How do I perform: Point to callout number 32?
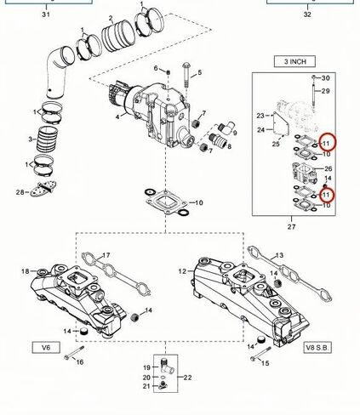click(308, 14)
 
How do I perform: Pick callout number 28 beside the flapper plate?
click(20, 193)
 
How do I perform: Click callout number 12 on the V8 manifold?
click(181, 271)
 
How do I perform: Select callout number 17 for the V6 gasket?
click(107, 254)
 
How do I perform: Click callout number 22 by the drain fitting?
click(188, 377)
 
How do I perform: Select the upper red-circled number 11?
click(326, 142)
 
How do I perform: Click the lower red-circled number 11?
click(326, 195)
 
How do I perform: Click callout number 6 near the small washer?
click(156, 68)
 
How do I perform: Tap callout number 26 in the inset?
click(327, 168)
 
